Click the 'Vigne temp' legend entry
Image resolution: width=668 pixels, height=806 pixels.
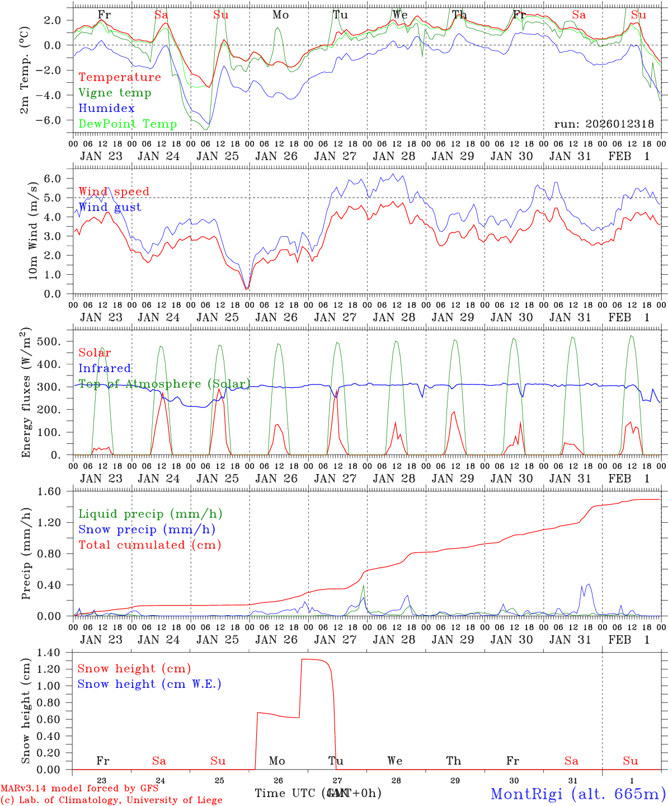pos(115,93)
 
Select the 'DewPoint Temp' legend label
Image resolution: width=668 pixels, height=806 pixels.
pos(128,124)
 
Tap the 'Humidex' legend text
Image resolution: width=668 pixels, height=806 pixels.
pos(106,109)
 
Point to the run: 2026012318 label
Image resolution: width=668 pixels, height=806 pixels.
pos(604,124)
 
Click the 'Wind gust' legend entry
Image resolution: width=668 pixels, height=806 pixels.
pos(110,207)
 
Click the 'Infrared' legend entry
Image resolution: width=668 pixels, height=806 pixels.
pos(105,368)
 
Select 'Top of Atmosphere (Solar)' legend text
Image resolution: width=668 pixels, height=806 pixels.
pos(164,384)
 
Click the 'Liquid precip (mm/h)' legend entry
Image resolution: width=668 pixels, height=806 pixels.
pos(150,514)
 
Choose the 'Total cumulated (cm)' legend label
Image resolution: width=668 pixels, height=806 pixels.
pos(150,545)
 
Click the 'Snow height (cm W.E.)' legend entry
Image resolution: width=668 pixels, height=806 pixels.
pos(149,684)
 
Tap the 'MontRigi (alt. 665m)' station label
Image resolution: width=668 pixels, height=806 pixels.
pos(578,793)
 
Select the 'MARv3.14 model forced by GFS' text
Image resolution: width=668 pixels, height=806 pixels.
pos(79,789)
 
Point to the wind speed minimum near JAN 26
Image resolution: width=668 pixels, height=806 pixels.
pos(247,289)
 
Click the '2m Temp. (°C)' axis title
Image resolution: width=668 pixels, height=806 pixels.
pos(25,69)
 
